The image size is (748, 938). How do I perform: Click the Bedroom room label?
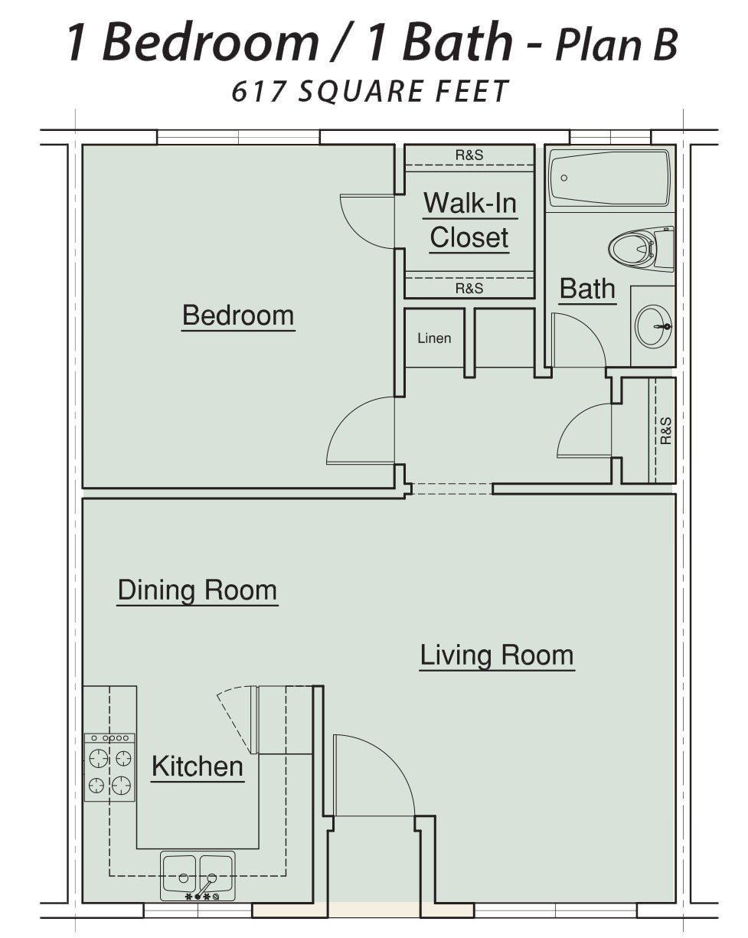(x=238, y=315)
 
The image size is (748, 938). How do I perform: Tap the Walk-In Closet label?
(x=470, y=220)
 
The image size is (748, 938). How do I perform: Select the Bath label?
(x=587, y=289)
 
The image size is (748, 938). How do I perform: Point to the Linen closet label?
(x=434, y=338)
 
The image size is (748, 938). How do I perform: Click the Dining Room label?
(x=198, y=590)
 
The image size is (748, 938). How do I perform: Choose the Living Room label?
(x=497, y=655)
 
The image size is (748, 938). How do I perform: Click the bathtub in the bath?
(x=609, y=178)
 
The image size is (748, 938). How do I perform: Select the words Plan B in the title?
(x=616, y=44)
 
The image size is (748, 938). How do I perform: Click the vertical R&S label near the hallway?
(x=665, y=430)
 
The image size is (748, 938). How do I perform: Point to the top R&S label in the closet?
(x=469, y=155)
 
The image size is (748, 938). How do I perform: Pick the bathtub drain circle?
(x=564, y=178)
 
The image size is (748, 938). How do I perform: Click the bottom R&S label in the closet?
(x=469, y=289)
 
